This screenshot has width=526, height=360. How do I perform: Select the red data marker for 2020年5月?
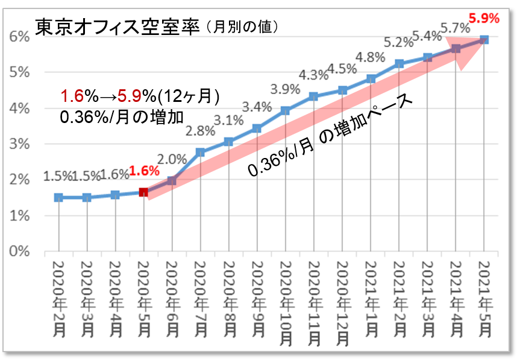tap(144, 192)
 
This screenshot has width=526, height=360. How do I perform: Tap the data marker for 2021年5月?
tap(484, 40)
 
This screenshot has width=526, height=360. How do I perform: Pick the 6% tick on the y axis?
tap(19, 37)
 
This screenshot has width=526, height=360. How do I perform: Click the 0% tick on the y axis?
tap(19, 251)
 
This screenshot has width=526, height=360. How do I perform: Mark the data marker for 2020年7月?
tap(201, 153)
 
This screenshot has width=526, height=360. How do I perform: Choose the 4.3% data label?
tap(313, 75)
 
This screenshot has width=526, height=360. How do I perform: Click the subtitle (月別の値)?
tap(240, 27)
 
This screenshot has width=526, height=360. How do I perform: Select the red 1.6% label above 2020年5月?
tap(145, 171)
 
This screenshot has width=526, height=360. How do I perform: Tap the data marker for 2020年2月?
tap(58, 197)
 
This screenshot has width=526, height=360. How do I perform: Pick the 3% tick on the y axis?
tap(19, 144)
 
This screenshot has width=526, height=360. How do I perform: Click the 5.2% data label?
tap(398, 42)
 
